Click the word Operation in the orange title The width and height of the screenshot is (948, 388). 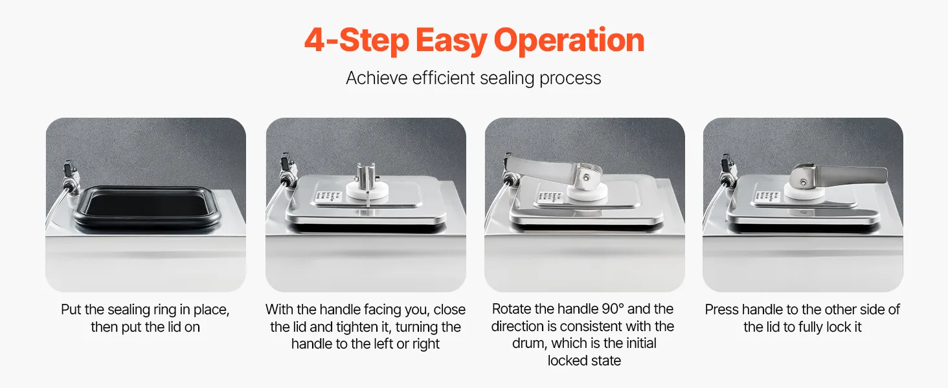(569, 41)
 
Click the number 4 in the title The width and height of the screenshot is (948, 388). (314, 41)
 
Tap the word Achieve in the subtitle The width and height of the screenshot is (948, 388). (377, 78)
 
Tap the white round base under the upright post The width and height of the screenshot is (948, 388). (367, 191)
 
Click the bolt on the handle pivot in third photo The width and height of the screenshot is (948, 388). (586, 177)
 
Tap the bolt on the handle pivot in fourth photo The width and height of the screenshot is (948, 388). (803, 182)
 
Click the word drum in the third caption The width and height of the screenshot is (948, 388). (531, 343)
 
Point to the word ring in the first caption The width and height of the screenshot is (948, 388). (166, 310)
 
